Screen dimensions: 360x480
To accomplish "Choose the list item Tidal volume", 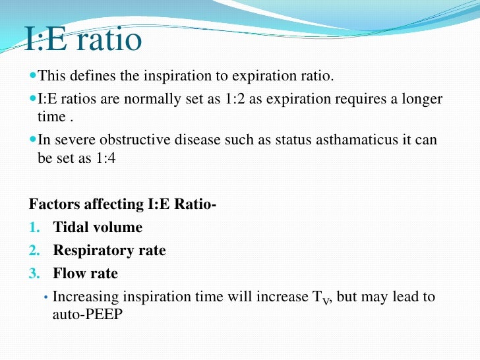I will [98, 227].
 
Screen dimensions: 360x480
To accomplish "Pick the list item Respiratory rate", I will [109, 251].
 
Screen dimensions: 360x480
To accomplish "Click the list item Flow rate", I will [86, 273].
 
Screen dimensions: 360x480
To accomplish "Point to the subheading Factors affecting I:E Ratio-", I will [123, 204].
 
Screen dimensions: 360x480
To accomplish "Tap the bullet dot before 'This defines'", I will [33, 76].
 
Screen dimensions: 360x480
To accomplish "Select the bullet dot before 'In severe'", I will [33, 140].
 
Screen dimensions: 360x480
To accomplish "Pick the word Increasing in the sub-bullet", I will [83, 297].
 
